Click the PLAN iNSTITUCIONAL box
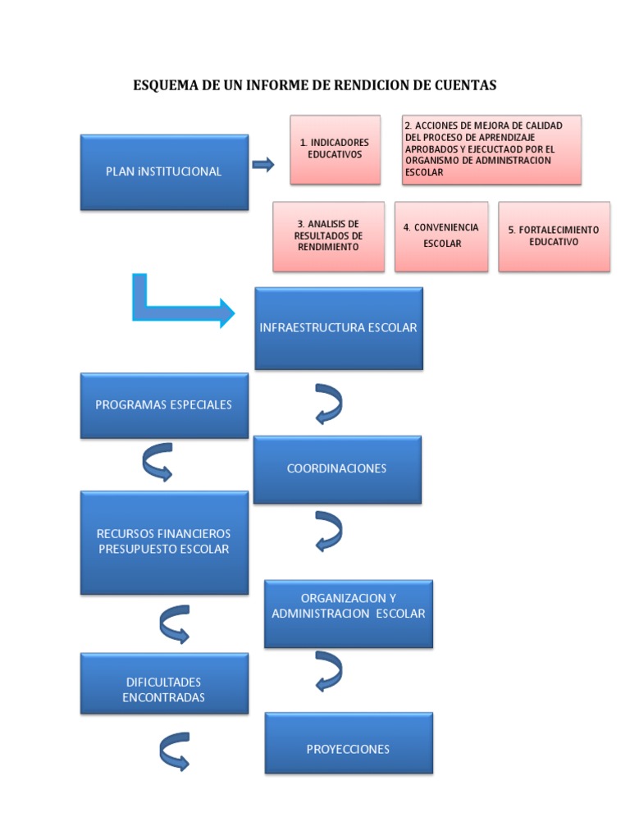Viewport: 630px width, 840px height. click(x=164, y=172)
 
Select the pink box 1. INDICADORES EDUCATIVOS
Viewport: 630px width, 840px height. click(x=335, y=148)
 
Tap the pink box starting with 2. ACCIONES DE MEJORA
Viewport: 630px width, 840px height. click(x=491, y=149)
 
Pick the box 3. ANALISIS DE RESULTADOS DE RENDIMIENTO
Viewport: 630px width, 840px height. click(x=328, y=236)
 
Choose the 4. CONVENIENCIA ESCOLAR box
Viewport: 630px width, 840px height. click(x=441, y=236)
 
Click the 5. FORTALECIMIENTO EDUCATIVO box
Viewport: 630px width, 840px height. click(x=554, y=236)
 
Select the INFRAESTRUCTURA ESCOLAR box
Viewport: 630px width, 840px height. click(x=338, y=328)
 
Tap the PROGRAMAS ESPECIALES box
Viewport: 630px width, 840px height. click(x=164, y=405)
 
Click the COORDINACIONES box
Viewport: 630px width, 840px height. click(x=336, y=469)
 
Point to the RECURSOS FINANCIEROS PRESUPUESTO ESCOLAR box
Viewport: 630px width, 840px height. click(x=164, y=542)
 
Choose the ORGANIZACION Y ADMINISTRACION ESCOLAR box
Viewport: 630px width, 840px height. click(x=348, y=614)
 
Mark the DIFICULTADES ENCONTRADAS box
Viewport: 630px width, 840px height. click(x=164, y=690)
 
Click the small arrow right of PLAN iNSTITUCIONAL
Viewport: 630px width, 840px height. click(x=262, y=166)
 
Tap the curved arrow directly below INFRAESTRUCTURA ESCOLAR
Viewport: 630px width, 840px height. click(x=328, y=404)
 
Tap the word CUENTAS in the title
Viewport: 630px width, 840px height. click(x=467, y=85)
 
